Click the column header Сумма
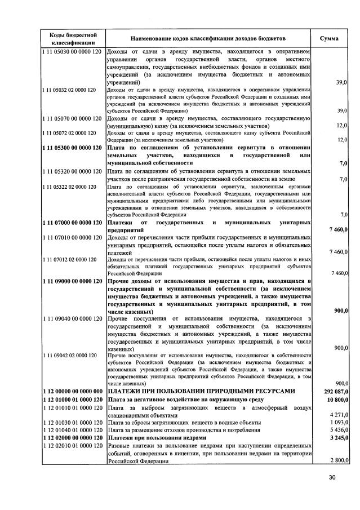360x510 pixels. click(x=328, y=38)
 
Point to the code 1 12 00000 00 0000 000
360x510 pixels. click(x=71, y=391)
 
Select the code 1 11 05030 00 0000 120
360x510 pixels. click(x=71, y=52)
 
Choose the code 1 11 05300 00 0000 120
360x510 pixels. click(x=71, y=147)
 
